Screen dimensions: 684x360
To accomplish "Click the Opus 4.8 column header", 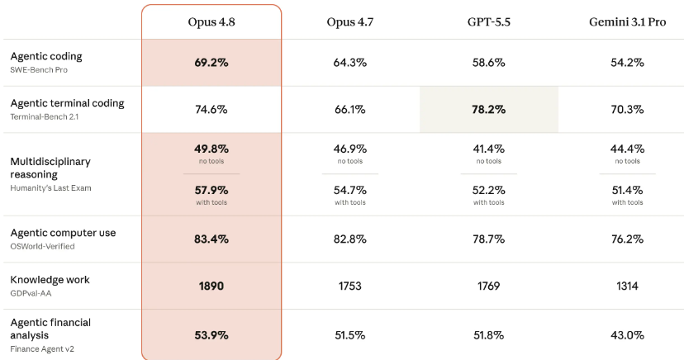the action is point(211,22).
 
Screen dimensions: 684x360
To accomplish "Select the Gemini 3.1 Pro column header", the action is point(627,22).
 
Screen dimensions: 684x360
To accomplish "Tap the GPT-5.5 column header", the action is point(488,22).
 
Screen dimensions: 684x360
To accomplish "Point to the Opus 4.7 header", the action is point(350,22).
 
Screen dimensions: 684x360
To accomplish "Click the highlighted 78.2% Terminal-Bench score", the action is point(488,109).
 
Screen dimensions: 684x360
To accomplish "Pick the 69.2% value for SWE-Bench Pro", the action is point(211,63).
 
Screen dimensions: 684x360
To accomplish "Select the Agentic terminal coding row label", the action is point(67,103).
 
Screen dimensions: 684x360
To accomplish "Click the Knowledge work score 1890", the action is point(211,286).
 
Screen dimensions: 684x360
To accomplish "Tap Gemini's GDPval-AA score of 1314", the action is point(627,286).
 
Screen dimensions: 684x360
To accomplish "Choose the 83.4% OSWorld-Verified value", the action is point(211,239).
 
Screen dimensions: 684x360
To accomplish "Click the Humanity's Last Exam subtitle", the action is point(50,188).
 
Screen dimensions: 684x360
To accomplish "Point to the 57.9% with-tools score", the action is point(211,191).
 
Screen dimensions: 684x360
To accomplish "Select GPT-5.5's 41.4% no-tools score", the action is point(488,149).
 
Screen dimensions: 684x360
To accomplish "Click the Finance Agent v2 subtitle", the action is point(42,349).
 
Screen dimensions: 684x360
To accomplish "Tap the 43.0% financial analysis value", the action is point(627,335).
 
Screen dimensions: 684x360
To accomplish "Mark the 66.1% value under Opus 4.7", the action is point(350,109).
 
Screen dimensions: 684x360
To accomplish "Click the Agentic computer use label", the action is point(64,233).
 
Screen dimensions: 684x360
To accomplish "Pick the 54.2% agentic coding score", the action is point(627,63).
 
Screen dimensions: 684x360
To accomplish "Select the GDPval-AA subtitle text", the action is point(31,293).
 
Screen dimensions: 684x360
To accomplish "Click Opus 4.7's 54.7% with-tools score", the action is point(350,191).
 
